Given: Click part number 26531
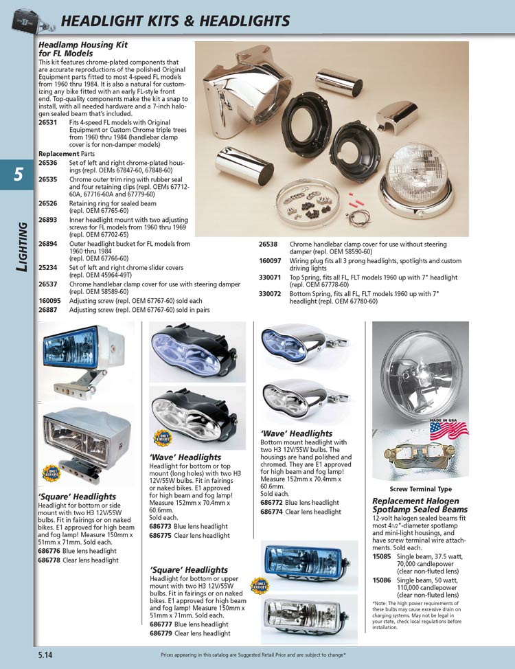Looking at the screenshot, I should [47, 122].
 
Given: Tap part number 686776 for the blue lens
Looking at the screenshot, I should [49, 551].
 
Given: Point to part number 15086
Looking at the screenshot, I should [382, 580].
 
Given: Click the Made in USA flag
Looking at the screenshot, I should [448, 431].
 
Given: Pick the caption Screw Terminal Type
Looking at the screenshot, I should [421, 489].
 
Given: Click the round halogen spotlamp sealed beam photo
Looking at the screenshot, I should [420, 371].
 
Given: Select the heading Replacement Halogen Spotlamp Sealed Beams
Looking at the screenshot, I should [420, 506].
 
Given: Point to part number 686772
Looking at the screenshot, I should [273, 503].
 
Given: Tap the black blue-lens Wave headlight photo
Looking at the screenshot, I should [197, 352].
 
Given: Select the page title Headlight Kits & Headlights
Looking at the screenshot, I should [175, 21].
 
